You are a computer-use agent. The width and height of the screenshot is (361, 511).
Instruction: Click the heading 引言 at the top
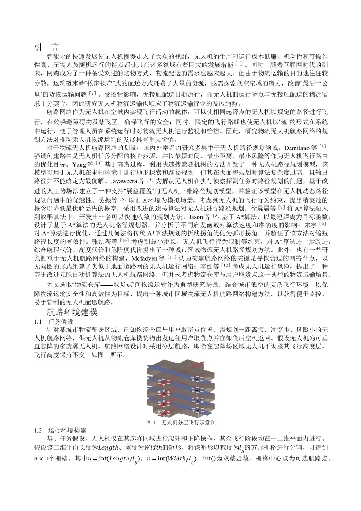point(46,46)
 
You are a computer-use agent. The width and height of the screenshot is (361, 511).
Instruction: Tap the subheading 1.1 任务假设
point(51,322)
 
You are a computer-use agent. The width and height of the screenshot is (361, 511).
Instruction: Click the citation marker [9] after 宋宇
point(322,224)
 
